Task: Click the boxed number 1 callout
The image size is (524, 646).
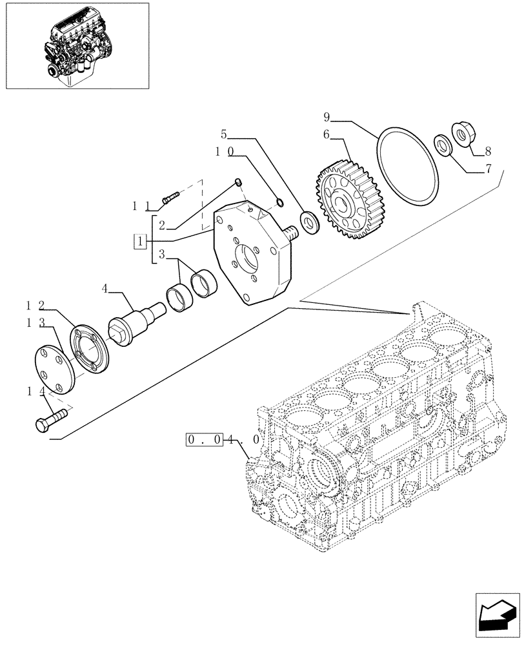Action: tap(139, 242)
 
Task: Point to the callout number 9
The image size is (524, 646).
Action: tap(327, 117)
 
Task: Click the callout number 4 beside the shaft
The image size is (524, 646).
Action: tap(105, 289)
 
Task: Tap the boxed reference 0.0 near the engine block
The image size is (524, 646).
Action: tap(205, 440)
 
